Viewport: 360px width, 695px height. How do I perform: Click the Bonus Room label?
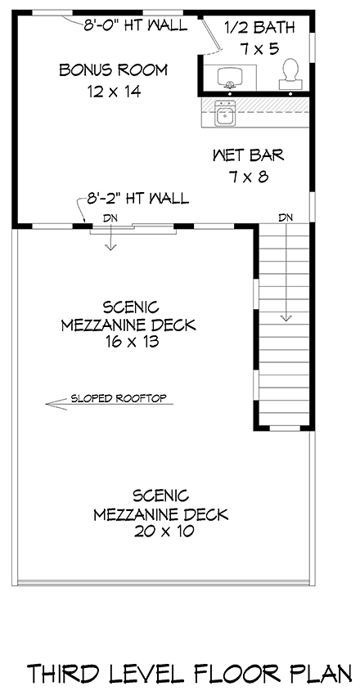(x=113, y=70)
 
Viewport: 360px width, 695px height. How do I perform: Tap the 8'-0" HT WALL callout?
(x=136, y=25)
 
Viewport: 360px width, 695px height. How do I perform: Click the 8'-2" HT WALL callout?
(x=137, y=198)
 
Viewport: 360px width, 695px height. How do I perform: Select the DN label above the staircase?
(x=286, y=217)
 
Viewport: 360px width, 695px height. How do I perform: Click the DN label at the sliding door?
(x=110, y=217)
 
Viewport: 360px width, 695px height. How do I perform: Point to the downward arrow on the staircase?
(x=286, y=319)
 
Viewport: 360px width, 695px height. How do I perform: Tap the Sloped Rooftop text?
(x=118, y=399)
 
